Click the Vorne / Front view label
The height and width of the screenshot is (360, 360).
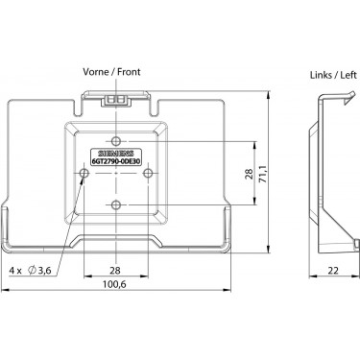[x=111, y=72]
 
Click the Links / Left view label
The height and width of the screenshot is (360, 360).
[x=333, y=75]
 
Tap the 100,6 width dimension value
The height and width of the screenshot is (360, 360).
[x=114, y=284]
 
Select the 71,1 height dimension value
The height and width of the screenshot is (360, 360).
[x=263, y=175]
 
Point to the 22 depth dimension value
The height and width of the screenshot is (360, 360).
[x=333, y=271]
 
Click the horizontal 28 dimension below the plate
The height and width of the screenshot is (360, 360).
[x=115, y=271]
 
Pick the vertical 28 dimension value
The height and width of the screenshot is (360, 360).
[x=250, y=174]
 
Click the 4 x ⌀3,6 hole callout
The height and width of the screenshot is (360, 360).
[x=30, y=271]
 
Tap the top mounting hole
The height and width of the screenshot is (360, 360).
[x=116, y=141]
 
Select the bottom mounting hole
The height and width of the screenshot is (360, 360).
[x=116, y=204]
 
